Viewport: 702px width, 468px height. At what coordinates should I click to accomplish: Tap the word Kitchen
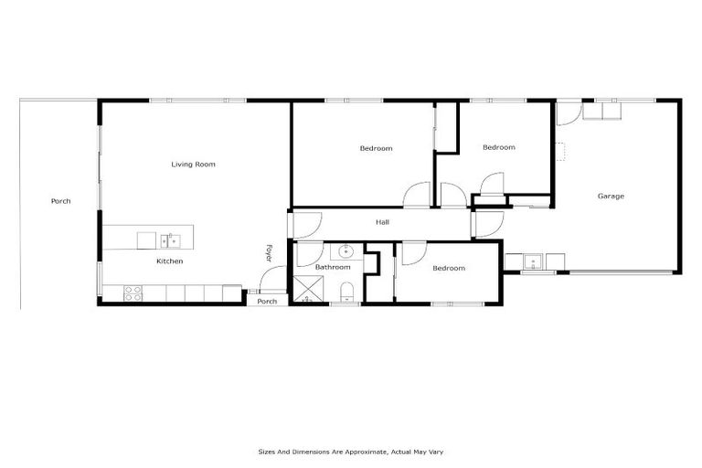(x=169, y=261)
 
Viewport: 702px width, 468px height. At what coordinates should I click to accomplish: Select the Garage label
(x=611, y=196)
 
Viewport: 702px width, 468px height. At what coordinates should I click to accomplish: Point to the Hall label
(x=383, y=222)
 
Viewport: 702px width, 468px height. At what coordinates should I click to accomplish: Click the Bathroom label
(x=333, y=267)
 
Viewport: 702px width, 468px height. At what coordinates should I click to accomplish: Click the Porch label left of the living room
(x=60, y=201)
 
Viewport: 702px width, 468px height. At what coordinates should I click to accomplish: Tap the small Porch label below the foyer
(x=267, y=302)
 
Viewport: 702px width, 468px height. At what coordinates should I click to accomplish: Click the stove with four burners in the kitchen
(x=133, y=292)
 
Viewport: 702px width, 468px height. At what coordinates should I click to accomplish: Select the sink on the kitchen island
(x=170, y=241)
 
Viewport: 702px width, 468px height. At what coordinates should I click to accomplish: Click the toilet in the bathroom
(x=346, y=292)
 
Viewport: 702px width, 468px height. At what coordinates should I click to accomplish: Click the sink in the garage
(x=534, y=263)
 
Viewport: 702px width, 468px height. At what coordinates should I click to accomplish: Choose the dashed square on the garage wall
(x=558, y=152)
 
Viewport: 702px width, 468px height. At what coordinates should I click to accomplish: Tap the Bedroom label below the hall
(x=449, y=268)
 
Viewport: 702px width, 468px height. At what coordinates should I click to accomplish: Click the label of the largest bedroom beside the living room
(x=376, y=148)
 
